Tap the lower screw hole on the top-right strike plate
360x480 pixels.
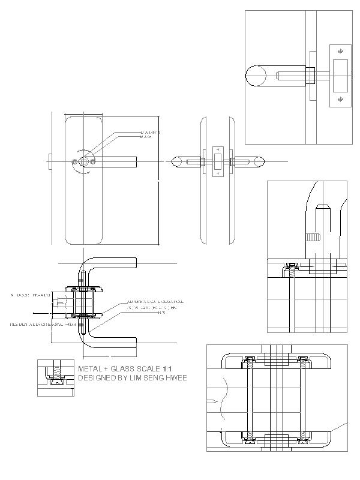click(340, 99)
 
